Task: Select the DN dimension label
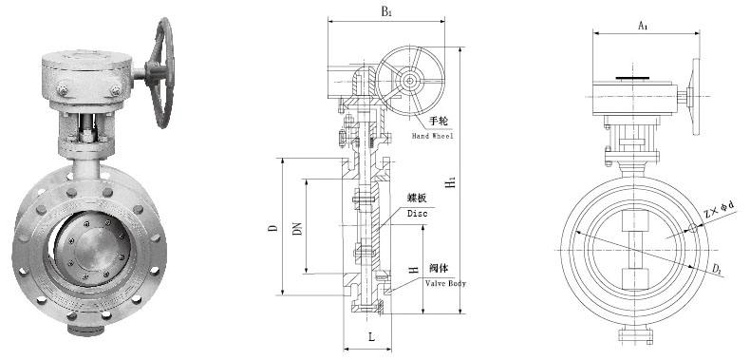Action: pyautogui.click(x=297, y=229)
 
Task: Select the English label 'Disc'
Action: pyautogui.click(x=417, y=214)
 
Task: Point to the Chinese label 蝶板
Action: pyautogui.click(x=419, y=198)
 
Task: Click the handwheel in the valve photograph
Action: pyautogui.click(x=167, y=71)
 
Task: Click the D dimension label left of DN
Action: pyautogui.click(x=272, y=229)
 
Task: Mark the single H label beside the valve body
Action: pyautogui.click(x=414, y=271)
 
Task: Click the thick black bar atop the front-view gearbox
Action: pyautogui.click(x=633, y=78)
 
